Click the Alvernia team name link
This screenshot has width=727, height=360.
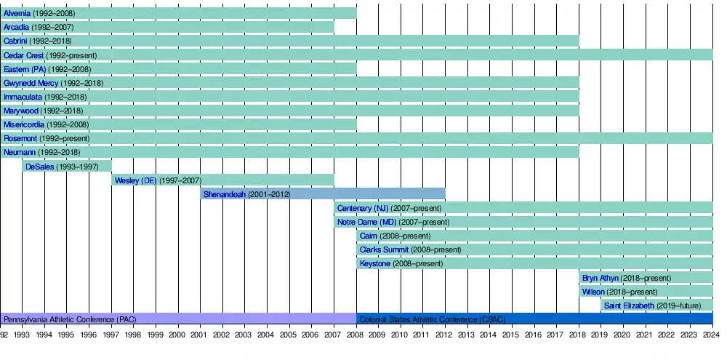click(x=17, y=13)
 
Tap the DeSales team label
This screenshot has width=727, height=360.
click(x=40, y=167)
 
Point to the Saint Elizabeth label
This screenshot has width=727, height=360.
click(x=629, y=305)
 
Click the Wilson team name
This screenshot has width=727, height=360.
click(x=593, y=292)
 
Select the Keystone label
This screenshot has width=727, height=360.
click(x=374, y=263)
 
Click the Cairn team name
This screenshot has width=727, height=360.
click(x=369, y=236)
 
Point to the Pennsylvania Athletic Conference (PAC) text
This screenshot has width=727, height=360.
click(x=70, y=319)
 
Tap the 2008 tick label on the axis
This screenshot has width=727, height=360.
click(x=355, y=335)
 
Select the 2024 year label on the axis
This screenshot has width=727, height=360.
click(x=711, y=335)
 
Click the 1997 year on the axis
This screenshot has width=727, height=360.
click(x=111, y=335)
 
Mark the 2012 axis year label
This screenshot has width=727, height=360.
click(x=444, y=335)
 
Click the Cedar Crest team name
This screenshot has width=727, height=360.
click(x=23, y=55)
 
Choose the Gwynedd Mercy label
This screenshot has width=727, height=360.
click(x=31, y=83)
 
